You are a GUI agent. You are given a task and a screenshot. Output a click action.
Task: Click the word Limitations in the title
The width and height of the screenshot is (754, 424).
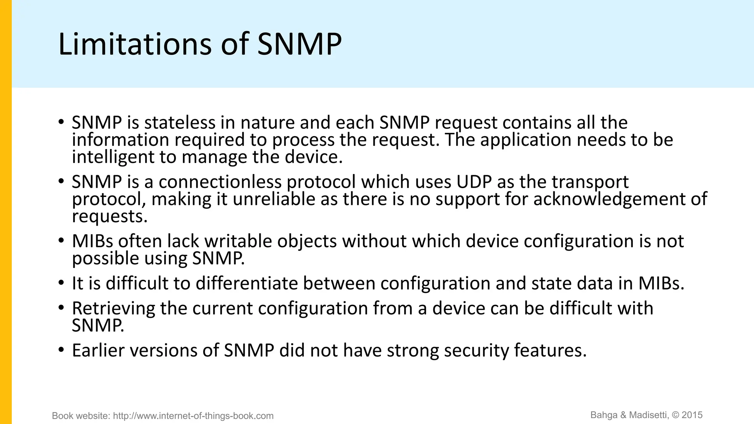click(x=134, y=44)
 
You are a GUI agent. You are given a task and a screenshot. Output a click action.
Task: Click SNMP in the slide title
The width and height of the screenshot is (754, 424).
click(x=299, y=44)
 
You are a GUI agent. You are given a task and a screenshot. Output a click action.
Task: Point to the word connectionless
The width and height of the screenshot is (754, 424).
click(x=219, y=182)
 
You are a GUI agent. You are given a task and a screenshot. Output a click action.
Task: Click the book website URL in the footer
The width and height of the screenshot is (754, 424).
click(x=193, y=416)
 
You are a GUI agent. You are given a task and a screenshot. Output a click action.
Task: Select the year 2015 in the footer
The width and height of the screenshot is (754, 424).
click(x=692, y=415)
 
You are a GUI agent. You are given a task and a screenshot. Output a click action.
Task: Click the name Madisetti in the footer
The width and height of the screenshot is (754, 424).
click(x=648, y=415)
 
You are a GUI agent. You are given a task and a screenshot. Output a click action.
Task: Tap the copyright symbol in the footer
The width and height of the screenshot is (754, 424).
click(x=676, y=415)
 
